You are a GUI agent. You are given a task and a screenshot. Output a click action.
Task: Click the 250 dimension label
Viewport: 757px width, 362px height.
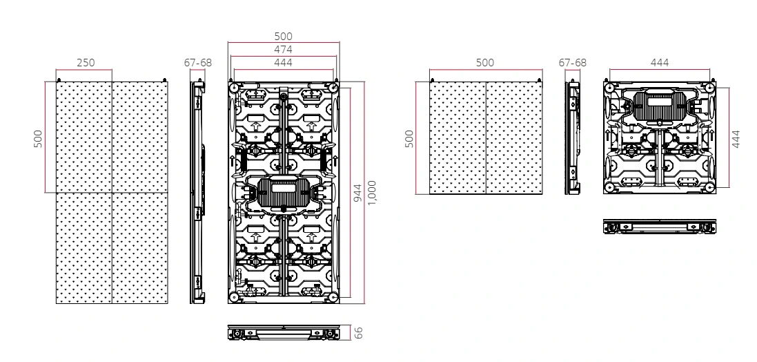[86, 63]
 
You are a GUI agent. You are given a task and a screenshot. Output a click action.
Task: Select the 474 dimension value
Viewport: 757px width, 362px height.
[283, 50]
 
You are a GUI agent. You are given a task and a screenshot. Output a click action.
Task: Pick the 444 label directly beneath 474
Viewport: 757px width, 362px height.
[283, 63]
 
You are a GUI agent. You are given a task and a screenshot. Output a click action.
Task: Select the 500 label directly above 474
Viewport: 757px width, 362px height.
[283, 37]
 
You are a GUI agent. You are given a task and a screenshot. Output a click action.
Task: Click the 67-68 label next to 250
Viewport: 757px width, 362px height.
[198, 63]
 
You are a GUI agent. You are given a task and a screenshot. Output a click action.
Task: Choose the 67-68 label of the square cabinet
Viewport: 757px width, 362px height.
[572, 63]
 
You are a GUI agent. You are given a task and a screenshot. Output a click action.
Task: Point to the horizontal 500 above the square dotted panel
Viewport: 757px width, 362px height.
[485, 63]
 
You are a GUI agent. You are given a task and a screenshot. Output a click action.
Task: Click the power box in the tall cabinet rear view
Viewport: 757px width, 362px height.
[283, 194]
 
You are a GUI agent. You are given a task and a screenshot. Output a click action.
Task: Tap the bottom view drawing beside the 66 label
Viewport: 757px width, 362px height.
[284, 334]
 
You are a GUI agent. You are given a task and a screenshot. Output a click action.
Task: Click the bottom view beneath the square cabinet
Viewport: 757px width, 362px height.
[660, 227]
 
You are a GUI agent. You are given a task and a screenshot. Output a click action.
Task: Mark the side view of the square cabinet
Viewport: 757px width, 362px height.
[572, 137]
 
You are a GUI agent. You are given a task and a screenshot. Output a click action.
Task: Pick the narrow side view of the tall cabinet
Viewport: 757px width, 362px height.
[198, 192]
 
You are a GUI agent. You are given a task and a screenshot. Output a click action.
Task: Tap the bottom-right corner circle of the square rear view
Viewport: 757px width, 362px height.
[708, 187]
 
